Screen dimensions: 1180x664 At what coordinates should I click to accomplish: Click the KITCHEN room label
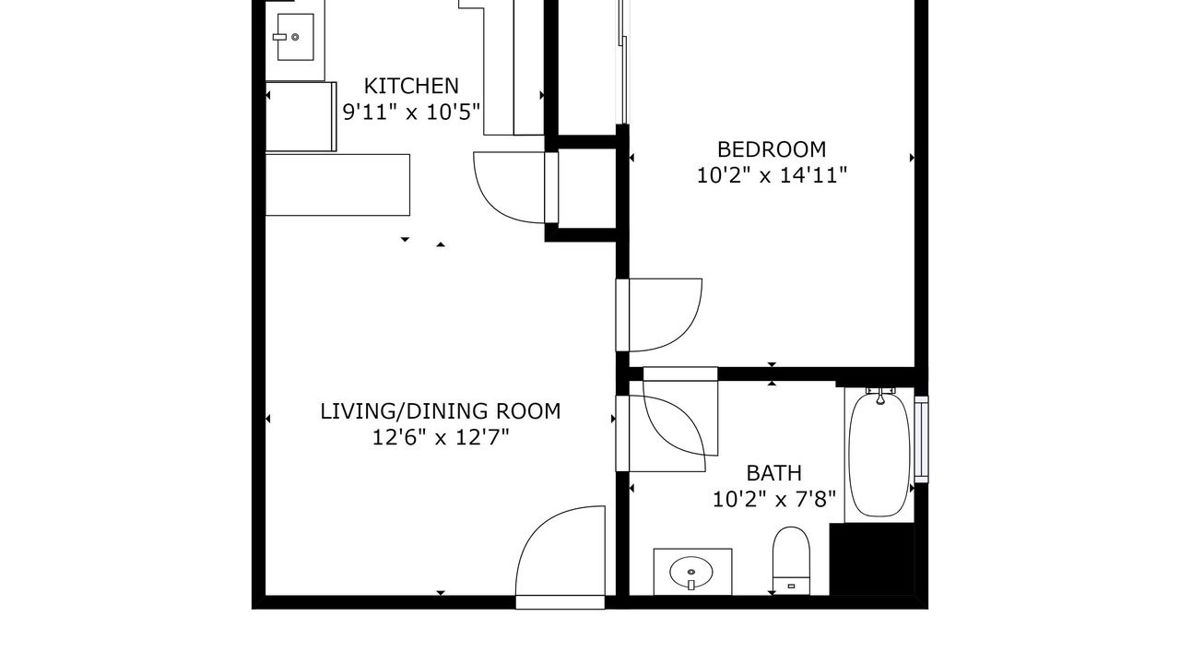click(411, 86)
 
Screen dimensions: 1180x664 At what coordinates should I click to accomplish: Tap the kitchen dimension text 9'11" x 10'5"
click(411, 112)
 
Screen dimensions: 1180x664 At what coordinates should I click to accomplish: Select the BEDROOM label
click(772, 149)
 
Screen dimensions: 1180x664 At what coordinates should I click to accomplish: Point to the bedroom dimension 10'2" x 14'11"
click(772, 175)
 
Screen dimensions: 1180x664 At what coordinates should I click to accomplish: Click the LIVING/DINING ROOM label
click(441, 411)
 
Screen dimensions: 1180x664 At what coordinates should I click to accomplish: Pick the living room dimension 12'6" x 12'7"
click(441, 437)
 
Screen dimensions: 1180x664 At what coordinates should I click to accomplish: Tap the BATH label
click(773, 473)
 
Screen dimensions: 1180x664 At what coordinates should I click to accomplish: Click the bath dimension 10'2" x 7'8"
click(773, 499)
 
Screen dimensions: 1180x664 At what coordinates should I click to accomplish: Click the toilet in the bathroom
click(791, 560)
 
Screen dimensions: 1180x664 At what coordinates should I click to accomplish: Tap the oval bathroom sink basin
click(691, 572)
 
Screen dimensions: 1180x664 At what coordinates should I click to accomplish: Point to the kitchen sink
click(296, 37)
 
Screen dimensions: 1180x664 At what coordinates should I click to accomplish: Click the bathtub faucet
click(880, 396)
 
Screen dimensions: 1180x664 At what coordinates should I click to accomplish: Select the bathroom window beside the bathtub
click(921, 439)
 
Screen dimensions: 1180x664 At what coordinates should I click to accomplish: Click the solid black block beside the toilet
click(872, 559)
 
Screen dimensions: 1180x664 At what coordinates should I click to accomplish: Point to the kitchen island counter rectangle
click(337, 185)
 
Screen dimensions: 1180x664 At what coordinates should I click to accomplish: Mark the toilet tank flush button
click(791, 586)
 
